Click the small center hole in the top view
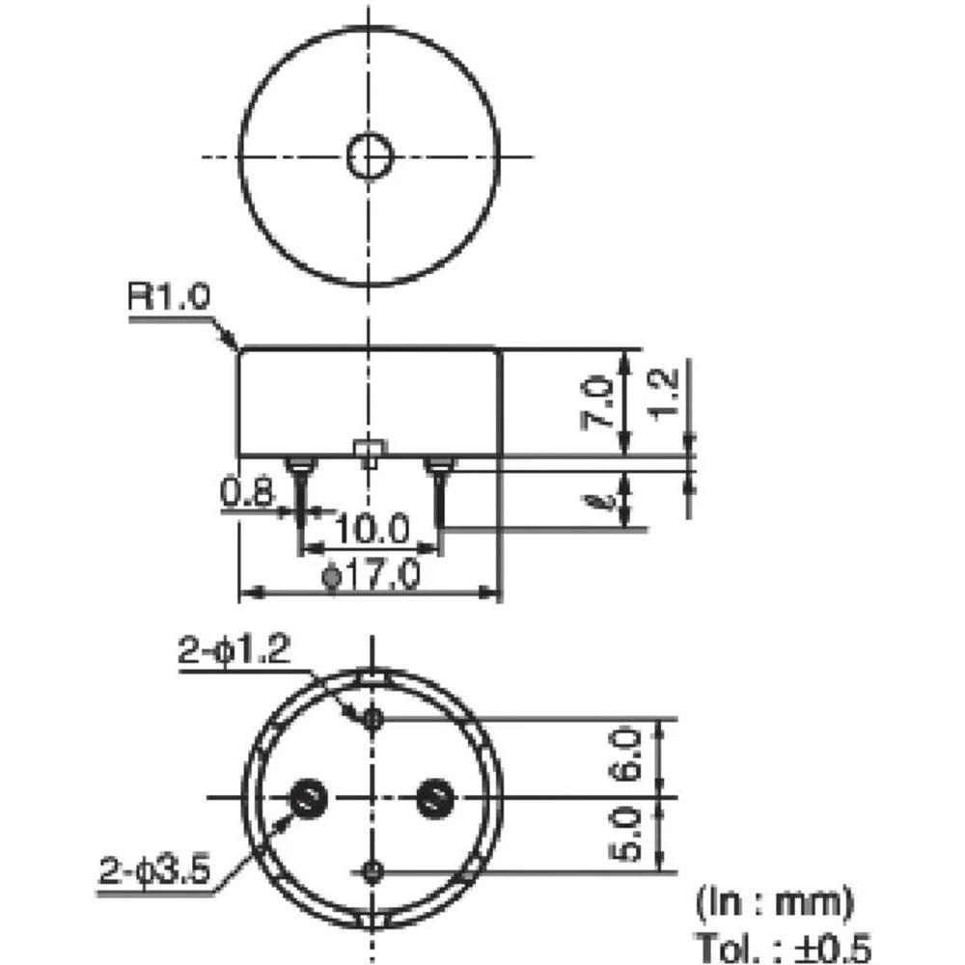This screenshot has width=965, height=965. (x=369, y=157)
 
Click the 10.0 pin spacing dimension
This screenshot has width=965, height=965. (x=372, y=529)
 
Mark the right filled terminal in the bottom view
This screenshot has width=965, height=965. (x=433, y=797)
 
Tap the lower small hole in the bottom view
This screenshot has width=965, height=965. (x=372, y=871)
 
